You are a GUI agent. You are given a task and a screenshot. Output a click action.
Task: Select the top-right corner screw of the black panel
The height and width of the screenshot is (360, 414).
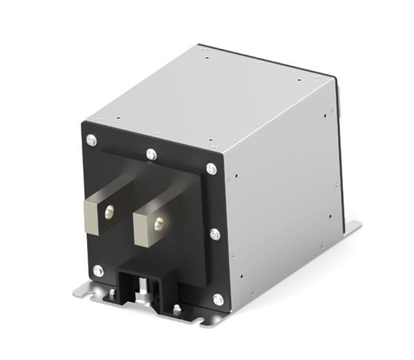(x=212, y=169)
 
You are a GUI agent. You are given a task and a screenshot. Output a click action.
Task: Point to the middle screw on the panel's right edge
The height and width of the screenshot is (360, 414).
(x=215, y=234)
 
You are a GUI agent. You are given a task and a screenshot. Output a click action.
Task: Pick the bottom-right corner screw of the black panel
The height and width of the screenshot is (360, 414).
(x=218, y=299)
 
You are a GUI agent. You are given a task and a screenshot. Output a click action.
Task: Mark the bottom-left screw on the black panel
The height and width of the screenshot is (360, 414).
(x=98, y=270)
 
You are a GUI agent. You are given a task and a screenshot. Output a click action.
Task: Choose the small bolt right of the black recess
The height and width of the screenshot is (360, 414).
(x=177, y=308)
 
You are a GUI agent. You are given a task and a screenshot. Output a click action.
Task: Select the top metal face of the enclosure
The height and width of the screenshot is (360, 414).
(x=214, y=97)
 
